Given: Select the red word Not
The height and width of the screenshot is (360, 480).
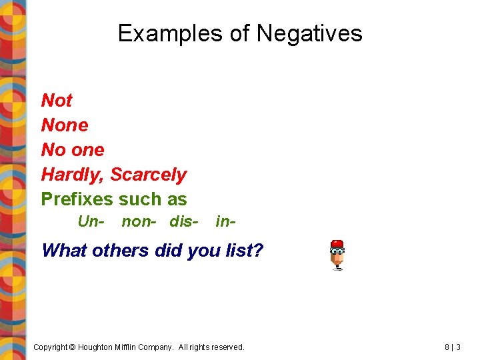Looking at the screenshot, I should (x=57, y=101).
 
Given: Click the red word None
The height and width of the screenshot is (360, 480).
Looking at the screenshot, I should (x=65, y=125).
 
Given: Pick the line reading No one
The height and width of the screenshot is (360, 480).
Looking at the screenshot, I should (x=73, y=150).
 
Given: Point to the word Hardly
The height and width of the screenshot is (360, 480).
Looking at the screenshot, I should (x=73, y=175).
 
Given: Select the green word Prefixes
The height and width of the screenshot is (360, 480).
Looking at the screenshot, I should (x=77, y=199).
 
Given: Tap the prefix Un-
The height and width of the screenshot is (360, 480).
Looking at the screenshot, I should (x=91, y=221).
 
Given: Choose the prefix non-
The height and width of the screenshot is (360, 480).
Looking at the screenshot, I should (x=139, y=221).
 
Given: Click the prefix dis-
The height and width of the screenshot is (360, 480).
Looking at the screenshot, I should (x=184, y=221).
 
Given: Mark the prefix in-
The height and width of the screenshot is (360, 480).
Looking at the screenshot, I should (x=225, y=221).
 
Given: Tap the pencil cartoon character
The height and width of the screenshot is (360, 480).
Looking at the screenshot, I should (x=337, y=255).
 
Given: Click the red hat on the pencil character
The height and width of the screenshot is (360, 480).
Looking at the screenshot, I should (x=337, y=244).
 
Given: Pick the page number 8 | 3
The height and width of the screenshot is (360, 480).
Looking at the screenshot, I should (x=452, y=347).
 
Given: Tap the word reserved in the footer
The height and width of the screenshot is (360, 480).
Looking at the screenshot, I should (x=225, y=347).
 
